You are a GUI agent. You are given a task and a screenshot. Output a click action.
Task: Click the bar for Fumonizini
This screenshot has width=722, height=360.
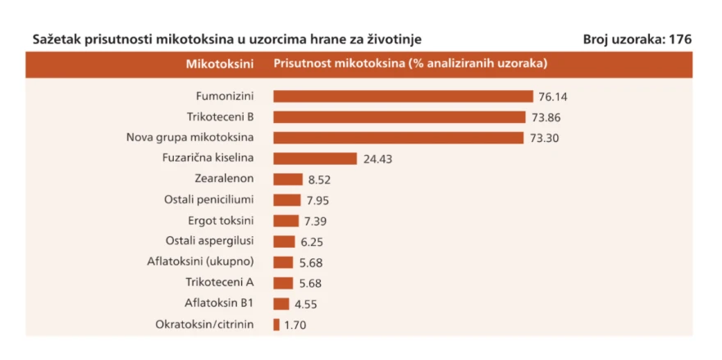(x=403, y=96)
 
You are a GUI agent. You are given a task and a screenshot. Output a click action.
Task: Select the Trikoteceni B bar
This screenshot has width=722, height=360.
(x=400, y=117)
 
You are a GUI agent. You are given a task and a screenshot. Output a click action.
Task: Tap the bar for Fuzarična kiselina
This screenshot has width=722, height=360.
(x=315, y=158)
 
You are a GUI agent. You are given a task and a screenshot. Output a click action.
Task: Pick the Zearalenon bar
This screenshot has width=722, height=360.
(x=288, y=179)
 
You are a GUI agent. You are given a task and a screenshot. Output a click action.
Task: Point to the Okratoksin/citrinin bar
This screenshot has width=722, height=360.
(x=276, y=325)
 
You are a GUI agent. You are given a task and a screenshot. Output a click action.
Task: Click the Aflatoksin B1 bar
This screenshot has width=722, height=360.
(x=281, y=304)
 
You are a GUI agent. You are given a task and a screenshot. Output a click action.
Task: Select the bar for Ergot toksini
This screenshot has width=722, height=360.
(x=286, y=221)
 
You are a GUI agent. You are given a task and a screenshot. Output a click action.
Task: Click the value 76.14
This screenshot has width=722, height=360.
(x=553, y=97)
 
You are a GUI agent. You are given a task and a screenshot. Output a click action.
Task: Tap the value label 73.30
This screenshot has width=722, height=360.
(x=544, y=138)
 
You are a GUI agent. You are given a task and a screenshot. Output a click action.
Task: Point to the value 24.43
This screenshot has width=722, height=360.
(x=377, y=159)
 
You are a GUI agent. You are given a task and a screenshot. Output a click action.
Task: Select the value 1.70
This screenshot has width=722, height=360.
(x=295, y=326)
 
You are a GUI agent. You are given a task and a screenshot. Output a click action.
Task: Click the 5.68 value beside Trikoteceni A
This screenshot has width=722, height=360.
(x=310, y=284)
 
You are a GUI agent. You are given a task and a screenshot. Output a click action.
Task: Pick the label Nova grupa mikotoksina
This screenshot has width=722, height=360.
(x=190, y=137)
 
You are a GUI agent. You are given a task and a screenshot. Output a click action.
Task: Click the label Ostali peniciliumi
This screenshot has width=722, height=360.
(x=209, y=200)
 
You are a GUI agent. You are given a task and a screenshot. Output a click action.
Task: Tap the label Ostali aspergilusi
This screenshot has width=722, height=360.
(x=209, y=241)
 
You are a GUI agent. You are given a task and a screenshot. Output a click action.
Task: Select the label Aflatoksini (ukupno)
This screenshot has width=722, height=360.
(x=201, y=262)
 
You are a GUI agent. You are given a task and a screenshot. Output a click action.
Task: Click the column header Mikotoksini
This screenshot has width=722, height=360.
(x=220, y=64)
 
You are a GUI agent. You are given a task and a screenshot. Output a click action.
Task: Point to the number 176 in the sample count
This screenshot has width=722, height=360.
(x=680, y=39)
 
